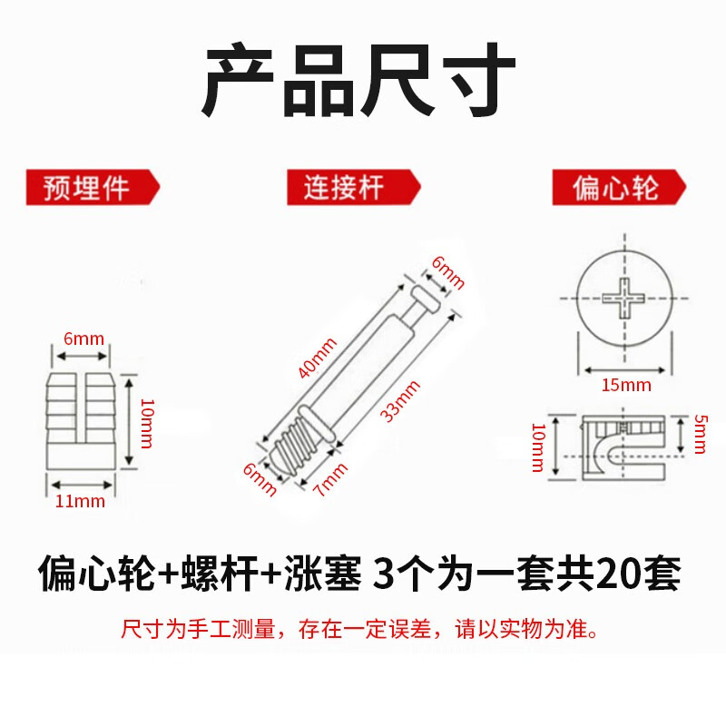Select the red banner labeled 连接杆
(354, 189)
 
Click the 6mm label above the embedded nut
(83, 339)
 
